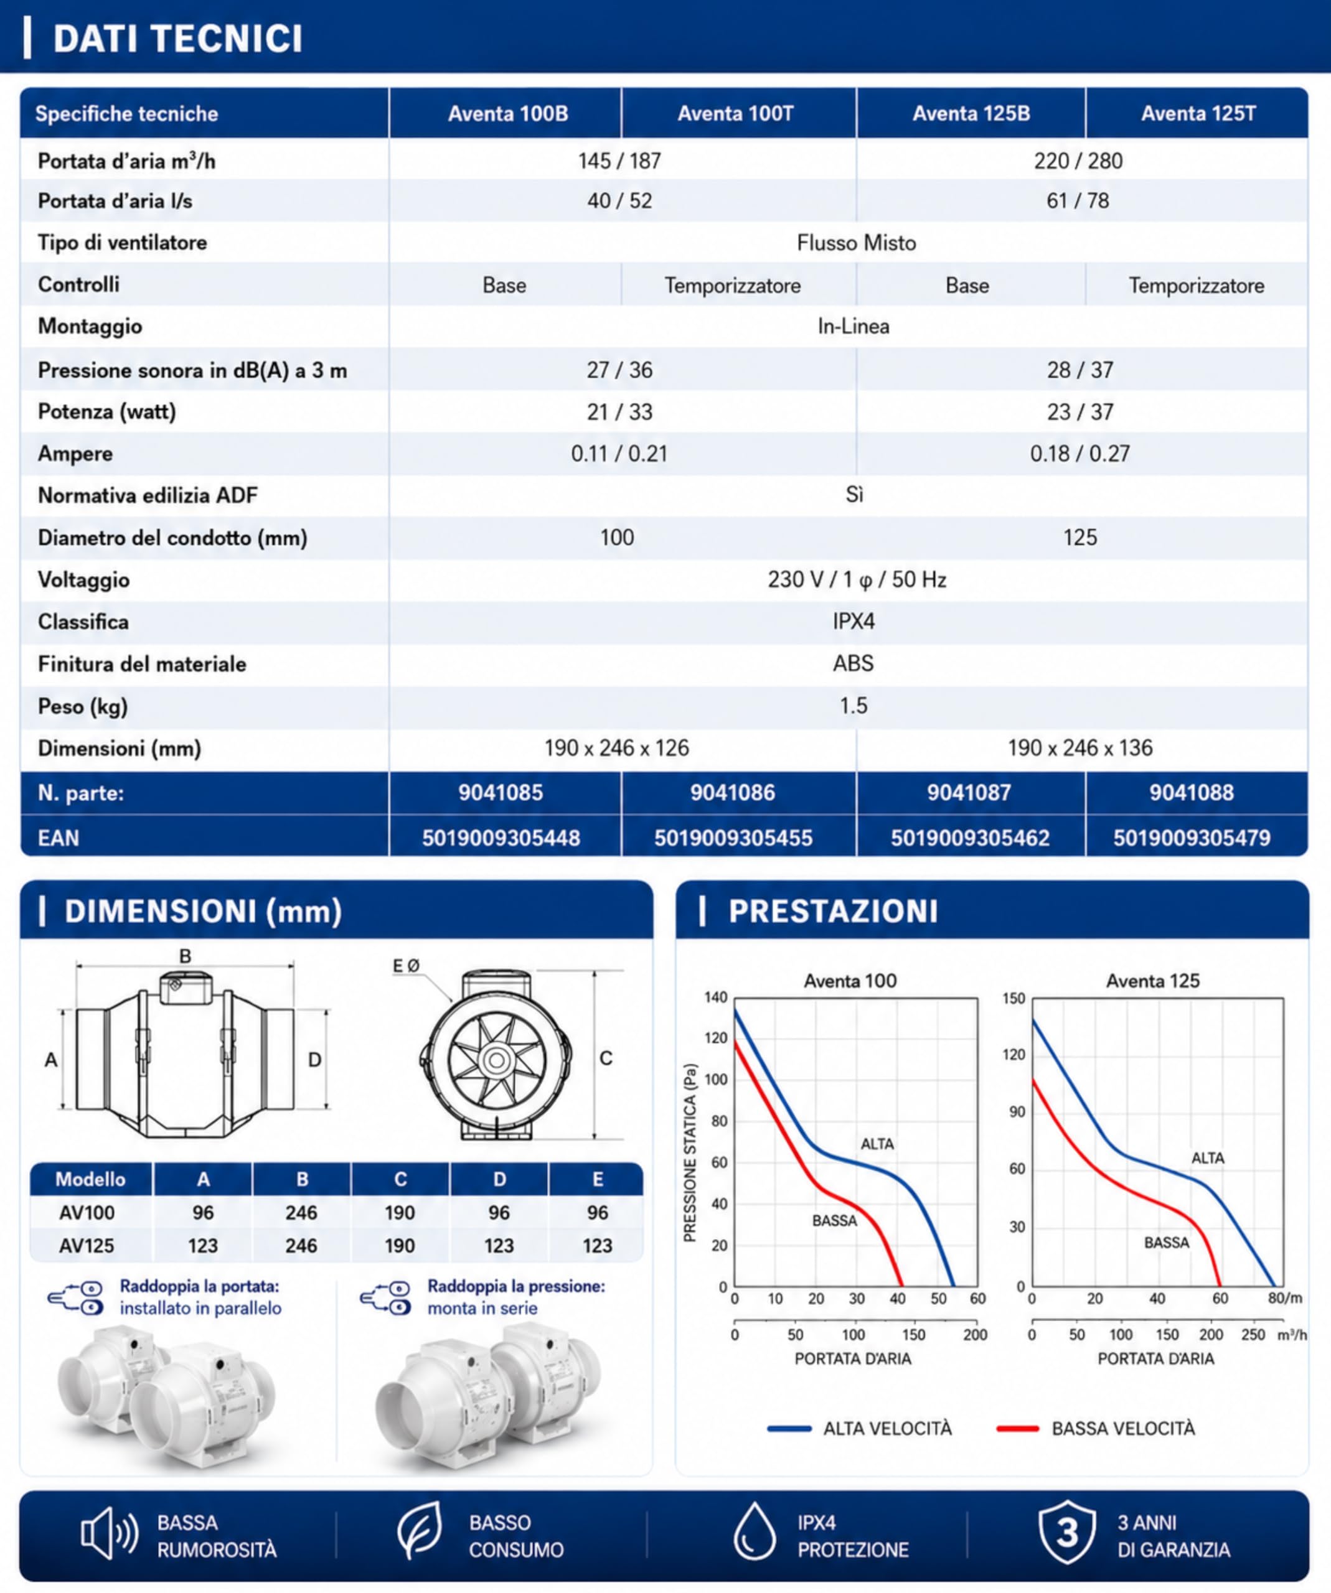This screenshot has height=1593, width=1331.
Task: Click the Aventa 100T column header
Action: pos(735,114)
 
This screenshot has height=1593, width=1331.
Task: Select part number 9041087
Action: pos(969,793)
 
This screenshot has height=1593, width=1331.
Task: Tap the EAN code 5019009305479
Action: pos(1192,838)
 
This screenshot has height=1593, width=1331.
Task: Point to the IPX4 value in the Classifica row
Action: pos(854,622)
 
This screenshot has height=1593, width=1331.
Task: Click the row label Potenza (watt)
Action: pos(107,412)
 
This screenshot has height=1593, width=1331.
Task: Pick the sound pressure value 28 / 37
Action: pos(1080,370)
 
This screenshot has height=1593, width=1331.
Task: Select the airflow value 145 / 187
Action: pos(619,161)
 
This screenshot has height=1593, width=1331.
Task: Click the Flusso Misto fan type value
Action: pos(856,243)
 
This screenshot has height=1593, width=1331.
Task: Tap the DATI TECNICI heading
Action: pos(177,39)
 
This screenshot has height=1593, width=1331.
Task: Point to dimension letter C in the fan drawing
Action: pos(606,1058)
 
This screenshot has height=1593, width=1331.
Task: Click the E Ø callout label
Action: pos(406,966)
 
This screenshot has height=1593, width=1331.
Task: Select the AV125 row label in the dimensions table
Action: pos(87,1246)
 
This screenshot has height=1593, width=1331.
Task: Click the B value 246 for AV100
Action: pos(301,1212)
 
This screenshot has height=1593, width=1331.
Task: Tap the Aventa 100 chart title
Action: pos(850,981)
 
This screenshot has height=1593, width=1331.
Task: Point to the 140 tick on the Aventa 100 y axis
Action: pos(715,997)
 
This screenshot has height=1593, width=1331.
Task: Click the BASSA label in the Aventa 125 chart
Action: pos(1166,1243)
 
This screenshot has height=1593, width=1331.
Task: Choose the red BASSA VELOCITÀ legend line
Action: pos(1017,1428)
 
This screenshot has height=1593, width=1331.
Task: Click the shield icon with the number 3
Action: pos(1067,1532)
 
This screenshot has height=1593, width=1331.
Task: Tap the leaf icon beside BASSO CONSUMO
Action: pos(420,1530)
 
